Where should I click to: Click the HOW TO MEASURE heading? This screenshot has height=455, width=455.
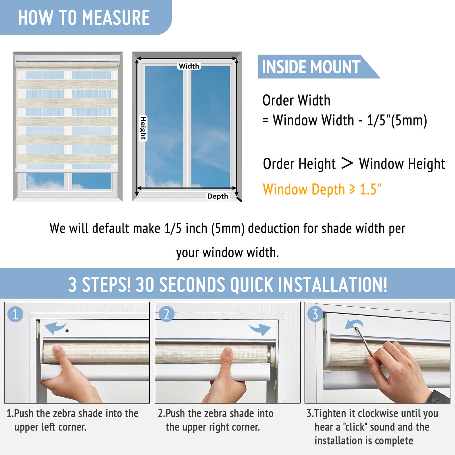click(x=84, y=18)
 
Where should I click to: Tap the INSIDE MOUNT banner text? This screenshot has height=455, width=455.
click(x=311, y=67)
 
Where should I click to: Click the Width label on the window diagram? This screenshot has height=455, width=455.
click(x=189, y=66)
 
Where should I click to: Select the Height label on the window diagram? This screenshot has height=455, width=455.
click(x=143, y=128)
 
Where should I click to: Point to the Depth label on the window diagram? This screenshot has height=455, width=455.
click(x=218, y=196)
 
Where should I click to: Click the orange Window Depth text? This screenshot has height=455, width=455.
click(x=322, y=189)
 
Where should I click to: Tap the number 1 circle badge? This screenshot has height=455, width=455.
click(x=15, y=314)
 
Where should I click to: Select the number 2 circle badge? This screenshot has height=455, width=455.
click(x=166, y=314)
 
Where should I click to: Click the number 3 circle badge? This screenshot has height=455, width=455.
click(x=315, y=314)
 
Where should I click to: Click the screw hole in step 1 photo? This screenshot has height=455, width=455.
click(x=67, y=331)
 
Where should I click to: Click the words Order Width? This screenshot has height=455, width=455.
click(x=296, y=100)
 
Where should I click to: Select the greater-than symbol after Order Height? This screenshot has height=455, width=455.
click(x=347, y=163)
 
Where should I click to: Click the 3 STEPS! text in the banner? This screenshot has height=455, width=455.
click(x=100, y=285)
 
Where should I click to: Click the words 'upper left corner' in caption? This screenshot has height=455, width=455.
click(x=50, y=427)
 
